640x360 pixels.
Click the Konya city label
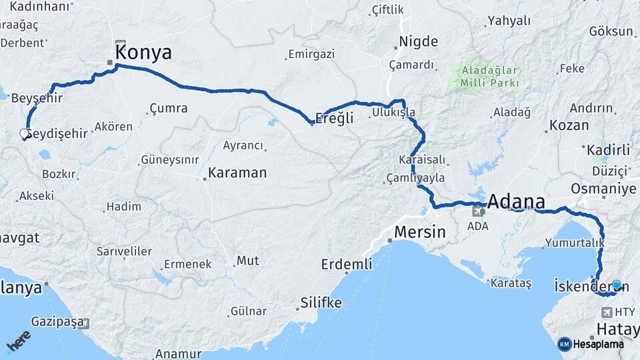pyautogui.click(x=143, y=53)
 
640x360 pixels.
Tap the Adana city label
pyautogui.click(x=516, y=201)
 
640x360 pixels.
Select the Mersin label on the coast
pyautogui.click(x=419, y=232)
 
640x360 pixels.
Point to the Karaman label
pyautogui.click(x=237, y=173)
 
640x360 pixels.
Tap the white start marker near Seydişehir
pyautogui.click(x=25, y=135)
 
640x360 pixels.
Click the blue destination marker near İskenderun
pyautogui.click(x=617, y=286)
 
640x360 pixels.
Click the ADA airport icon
pyautogui.click(x=478, y=212)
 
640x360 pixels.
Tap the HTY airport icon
pyautogui.click(x=607, y=312)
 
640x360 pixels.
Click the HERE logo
pyautogui.click(x=18, y=341)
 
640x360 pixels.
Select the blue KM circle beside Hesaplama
pyautogui.click(x=564, y=344)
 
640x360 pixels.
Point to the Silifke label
pyautogui.click(x=321, y=303)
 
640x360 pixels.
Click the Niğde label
pyautogui.click(x=418, y=42)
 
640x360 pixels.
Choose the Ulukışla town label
pyautogui.click(x=394, y=113)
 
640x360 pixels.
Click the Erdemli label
pyautogui.click(x=347, y=264)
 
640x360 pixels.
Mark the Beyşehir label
pyautogui.click(x=37, y=99)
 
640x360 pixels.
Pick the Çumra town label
pyautogui.click(x=168, y=107)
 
